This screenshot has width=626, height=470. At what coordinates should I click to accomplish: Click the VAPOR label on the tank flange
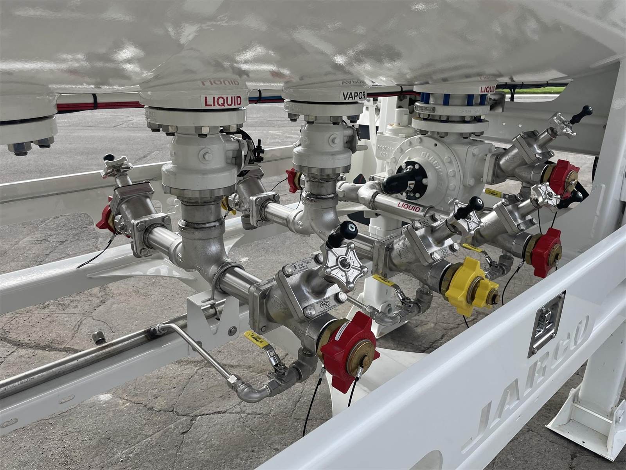click(x=353, y=95)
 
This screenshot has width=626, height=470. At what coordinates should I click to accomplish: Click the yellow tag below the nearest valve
click(x=256, y=339)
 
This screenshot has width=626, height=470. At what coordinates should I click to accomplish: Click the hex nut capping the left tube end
click(x=98, y=336)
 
